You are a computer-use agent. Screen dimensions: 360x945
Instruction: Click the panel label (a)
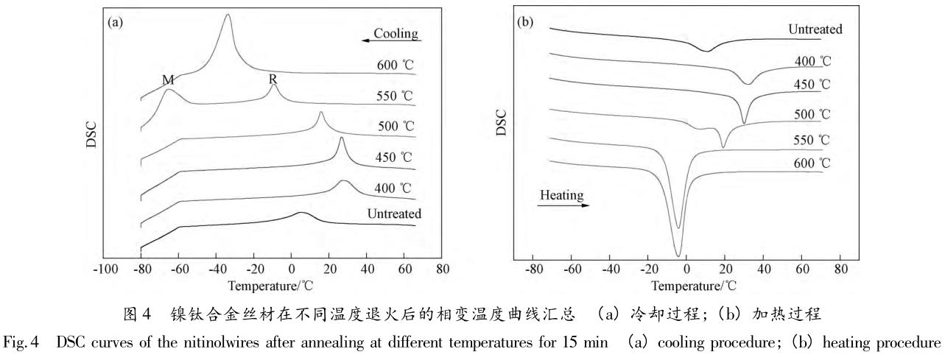(x=116, y=23)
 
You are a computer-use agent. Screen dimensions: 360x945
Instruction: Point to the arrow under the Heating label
(x=563, y=207)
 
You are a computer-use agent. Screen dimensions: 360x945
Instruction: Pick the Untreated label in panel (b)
(x=815, y=30)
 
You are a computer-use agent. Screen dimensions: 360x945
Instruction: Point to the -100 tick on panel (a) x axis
(x=102, y=269)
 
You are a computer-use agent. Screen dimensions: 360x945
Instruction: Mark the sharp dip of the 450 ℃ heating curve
(x=744, y=122)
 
